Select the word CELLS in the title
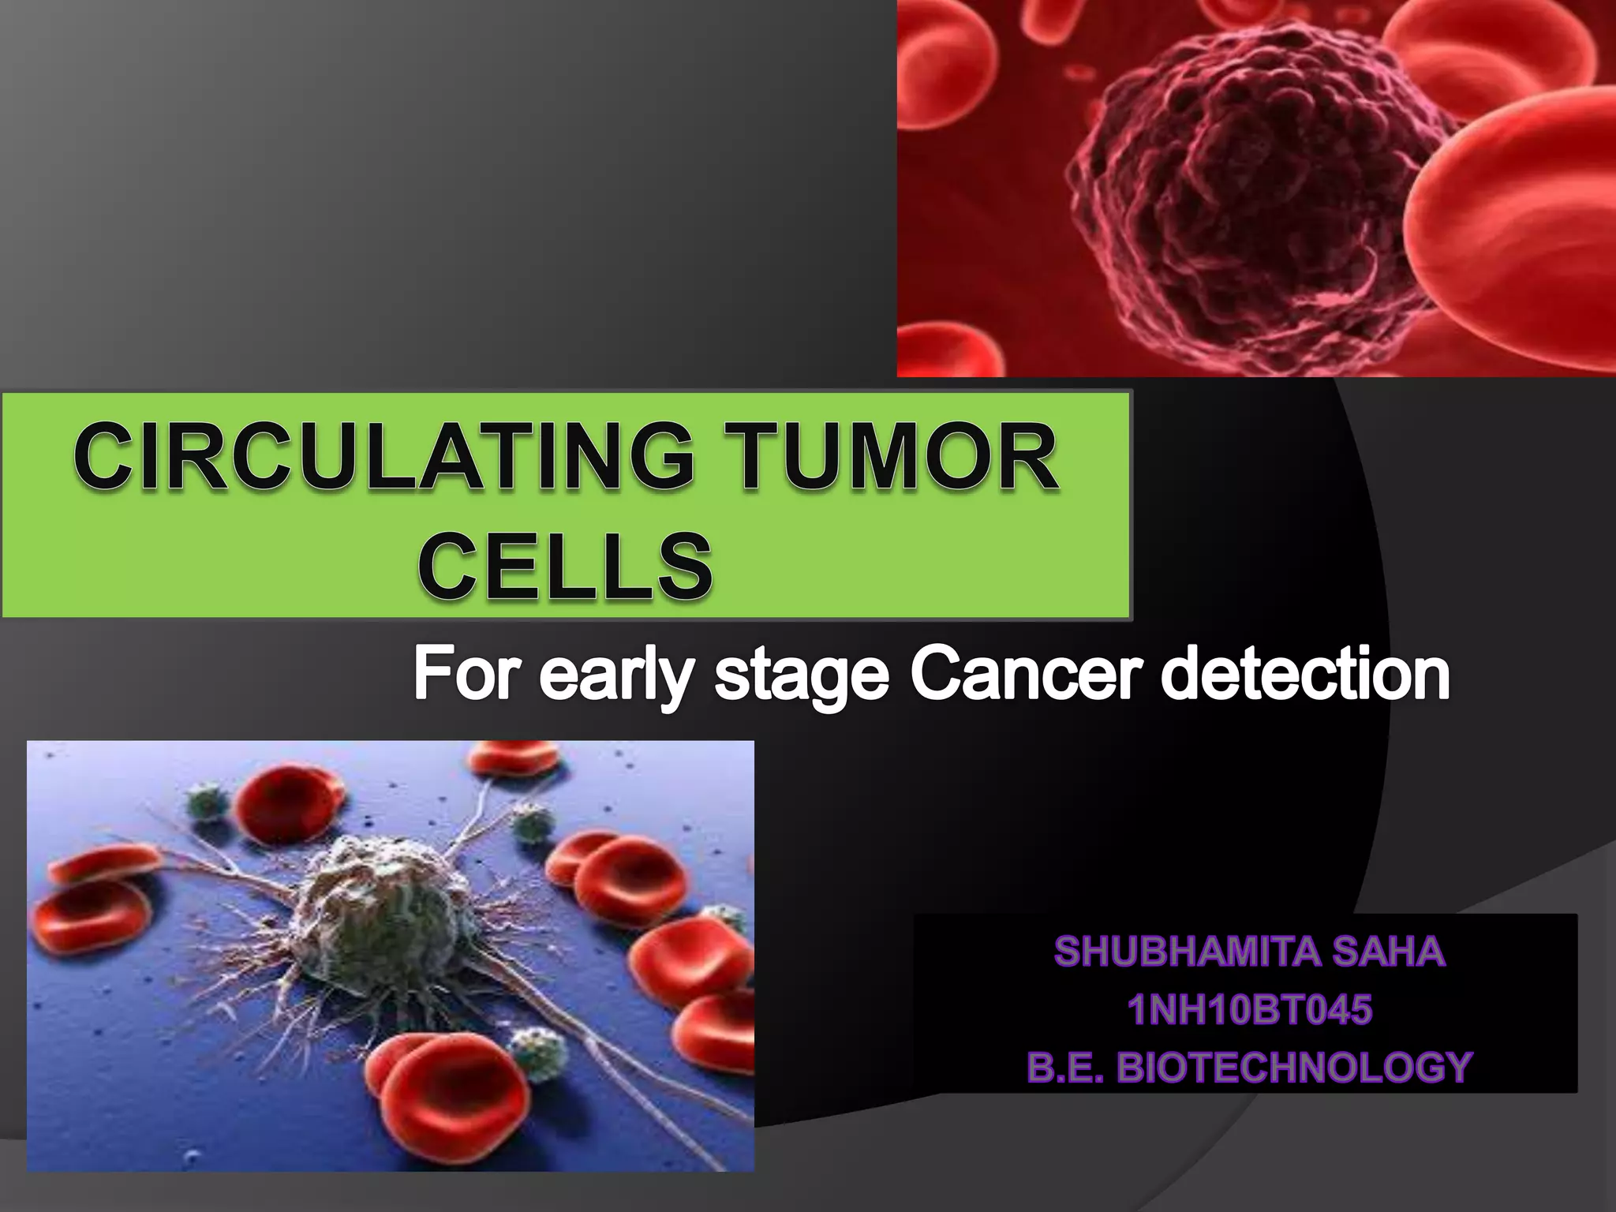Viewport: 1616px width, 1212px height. pyautogui.click(x=565, y=565)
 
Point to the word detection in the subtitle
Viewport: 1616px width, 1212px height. pyautogui.click(x=1306, y=675)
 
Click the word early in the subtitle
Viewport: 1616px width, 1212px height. pyautogui.click(x=616, y=677)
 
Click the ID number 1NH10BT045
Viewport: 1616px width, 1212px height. pyautogui.click(x=1249, y=1010)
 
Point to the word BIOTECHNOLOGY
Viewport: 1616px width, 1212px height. pyautogui.click(x=1295, y=1068)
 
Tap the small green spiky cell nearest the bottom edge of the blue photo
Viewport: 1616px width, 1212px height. pyautogui.click(x=539, y=1053)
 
